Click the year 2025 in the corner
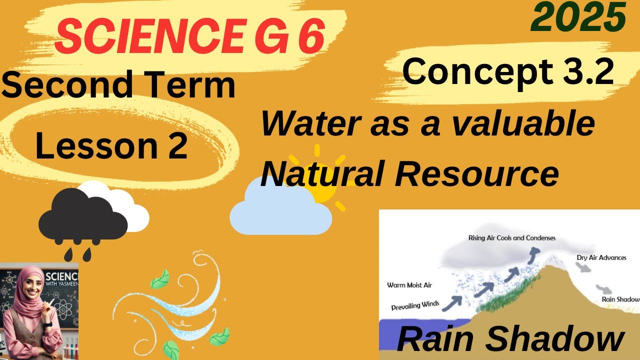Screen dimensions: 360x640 pos(578,17)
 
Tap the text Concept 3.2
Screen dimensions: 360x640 pos(507,71)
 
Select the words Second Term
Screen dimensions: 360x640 pos(118,84)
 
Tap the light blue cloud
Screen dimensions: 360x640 pos(280,212)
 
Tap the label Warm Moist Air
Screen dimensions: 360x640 pos(409,285)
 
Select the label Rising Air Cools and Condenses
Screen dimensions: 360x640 pos(511,238)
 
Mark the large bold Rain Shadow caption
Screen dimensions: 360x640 pos(510,341)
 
